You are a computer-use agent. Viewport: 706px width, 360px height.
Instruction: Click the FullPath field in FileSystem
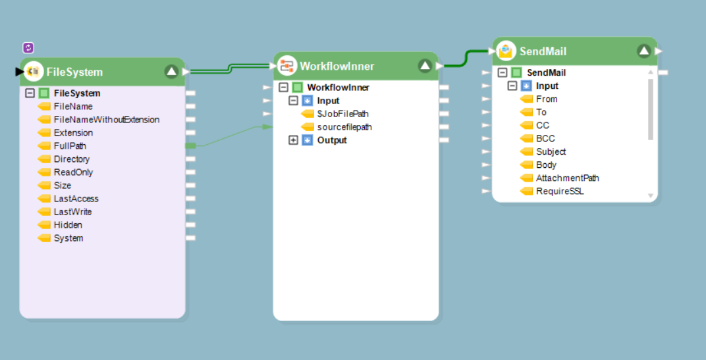coord(70,146)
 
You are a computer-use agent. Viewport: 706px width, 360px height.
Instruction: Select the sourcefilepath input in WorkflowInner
coord(344,127)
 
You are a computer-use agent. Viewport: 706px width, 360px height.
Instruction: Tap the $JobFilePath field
coord(342,114)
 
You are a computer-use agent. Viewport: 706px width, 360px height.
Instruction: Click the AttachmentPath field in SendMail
coord(567,178)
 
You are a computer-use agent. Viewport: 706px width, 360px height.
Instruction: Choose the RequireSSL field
coord(559,192)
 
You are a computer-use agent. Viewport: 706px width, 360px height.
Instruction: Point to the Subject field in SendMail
coord(551,152)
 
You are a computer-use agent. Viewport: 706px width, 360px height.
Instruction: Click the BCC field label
coord(545,139)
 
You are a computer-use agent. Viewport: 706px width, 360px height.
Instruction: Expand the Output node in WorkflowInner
coord(294,140)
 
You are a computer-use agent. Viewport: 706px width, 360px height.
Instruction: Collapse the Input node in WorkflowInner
coord(294,101)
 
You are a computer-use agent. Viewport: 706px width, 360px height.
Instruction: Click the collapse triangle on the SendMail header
coord(643,51)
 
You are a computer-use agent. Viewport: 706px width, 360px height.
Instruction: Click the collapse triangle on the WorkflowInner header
coord(425,66)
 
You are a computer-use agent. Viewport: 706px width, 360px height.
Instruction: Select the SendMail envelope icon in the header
coord(506,51)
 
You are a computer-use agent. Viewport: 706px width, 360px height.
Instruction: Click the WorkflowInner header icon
coord(287,66)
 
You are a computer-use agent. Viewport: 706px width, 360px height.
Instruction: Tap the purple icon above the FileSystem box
coord(28,47)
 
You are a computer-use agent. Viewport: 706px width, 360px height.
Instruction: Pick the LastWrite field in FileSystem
coord(72,212)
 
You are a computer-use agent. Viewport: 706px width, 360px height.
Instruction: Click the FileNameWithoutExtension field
coord(106,120)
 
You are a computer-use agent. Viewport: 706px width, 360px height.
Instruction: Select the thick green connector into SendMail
coord(469,58)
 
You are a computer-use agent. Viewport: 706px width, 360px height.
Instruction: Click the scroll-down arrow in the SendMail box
coord(651,195)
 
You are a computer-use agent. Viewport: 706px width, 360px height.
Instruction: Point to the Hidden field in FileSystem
coord(68,225)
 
